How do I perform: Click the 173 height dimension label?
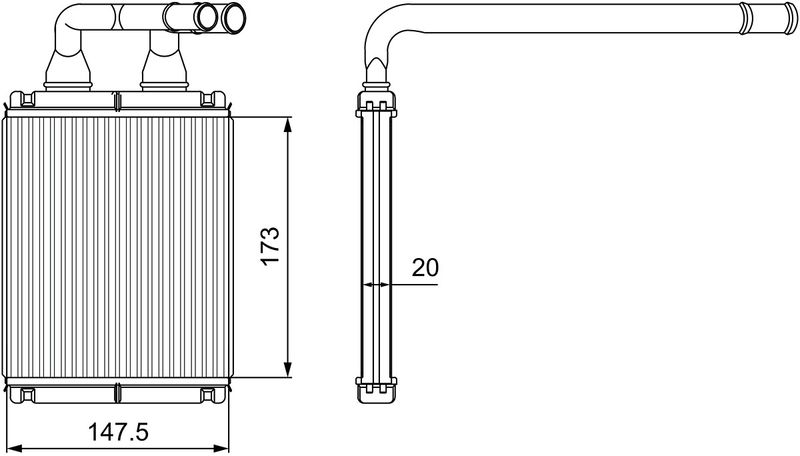click(270, 245)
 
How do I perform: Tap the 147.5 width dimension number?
click(118, 433)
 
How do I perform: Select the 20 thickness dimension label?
click(425, 267)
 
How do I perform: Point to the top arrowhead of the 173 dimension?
click(288, 125)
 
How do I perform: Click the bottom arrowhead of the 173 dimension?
click(288, 370)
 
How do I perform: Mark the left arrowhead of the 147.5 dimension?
click(16, 448)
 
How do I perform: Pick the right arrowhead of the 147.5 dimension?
click(221, 448)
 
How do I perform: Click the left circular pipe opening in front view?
click(206, 17)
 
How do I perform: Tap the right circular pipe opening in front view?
click(234, 17)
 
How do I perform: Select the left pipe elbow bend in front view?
click(69, 23)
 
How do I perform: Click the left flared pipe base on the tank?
click(68, 71)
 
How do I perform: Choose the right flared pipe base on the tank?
click(165, 71)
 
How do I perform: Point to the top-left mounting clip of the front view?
click(22, 99)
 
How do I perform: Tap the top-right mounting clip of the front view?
click(213, 99)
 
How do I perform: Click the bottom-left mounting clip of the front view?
click(22, 395)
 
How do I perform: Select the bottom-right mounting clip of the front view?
click(213, 395)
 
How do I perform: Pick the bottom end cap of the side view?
click(376, 390)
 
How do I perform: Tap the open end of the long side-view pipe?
click(790, 19)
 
